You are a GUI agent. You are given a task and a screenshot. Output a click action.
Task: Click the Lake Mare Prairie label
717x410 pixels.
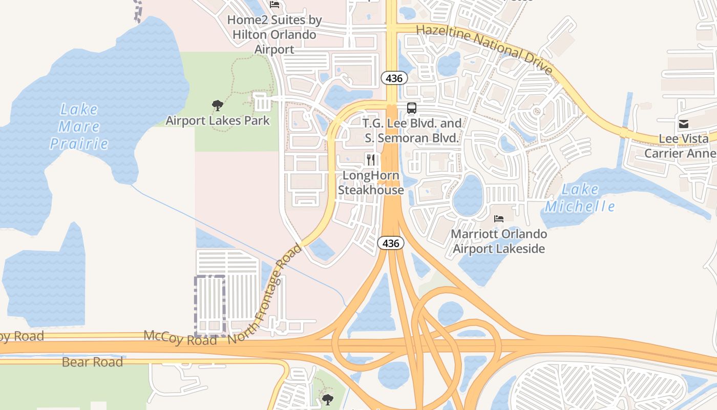[x=79, y=126]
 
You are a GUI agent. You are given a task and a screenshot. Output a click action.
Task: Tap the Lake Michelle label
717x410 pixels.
[x=580, y=198]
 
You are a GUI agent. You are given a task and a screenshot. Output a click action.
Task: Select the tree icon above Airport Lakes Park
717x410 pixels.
[x=218, y=106]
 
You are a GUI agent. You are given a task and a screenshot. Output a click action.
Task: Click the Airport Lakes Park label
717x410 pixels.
[x=218, y=121]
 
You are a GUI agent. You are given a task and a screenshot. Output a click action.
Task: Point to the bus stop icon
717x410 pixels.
[x=412, y=108]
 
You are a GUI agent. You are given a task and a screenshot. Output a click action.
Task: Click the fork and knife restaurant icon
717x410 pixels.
[x=371, y=160]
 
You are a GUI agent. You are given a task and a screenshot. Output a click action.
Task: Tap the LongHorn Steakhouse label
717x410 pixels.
[x=371, y=183]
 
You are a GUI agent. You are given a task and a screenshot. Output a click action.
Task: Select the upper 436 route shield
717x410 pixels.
[x=394, y=78]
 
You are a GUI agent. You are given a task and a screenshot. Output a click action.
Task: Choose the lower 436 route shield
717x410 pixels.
[x=391, y=243]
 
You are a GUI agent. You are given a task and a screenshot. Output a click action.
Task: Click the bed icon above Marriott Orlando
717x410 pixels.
[x=499, y=219]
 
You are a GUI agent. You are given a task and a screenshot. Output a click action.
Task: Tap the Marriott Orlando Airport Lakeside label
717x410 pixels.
[x=499, y=241]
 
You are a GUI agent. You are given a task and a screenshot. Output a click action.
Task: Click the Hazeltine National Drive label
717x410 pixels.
[x=484, y=49]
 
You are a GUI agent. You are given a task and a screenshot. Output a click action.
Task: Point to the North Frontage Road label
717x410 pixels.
[x=265, y=294]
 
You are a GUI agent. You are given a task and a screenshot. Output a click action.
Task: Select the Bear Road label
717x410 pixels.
[x=92, y=362]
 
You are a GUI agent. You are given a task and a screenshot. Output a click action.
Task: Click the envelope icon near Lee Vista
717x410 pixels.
[x=683, y=124]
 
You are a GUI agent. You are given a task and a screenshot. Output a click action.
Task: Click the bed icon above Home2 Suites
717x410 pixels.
[x=275, y=5]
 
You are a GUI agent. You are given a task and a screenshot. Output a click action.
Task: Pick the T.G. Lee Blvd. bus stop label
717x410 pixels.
[x=412, y=131]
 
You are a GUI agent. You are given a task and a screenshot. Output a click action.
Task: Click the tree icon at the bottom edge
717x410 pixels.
[x=327, y=399]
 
